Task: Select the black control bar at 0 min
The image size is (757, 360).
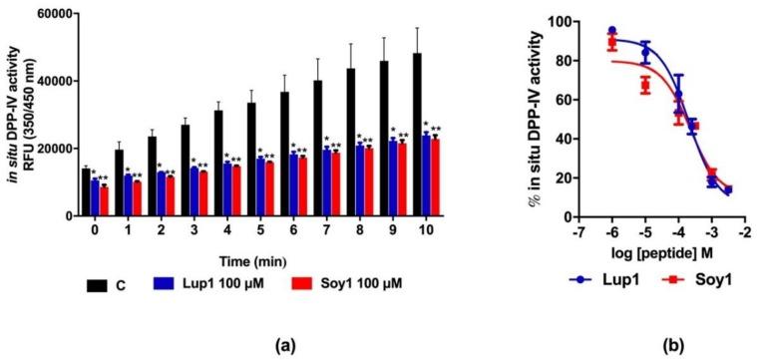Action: tap(85, 192)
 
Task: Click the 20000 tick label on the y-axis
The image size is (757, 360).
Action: tap(56, 149)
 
